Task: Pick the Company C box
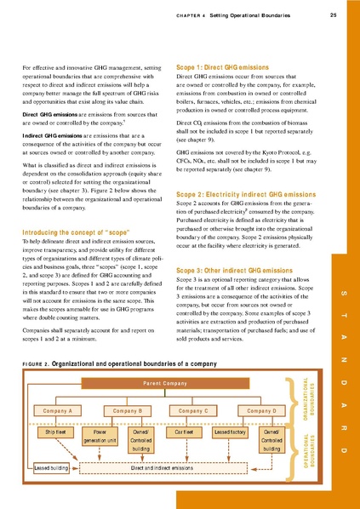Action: [x=194, y=411]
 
